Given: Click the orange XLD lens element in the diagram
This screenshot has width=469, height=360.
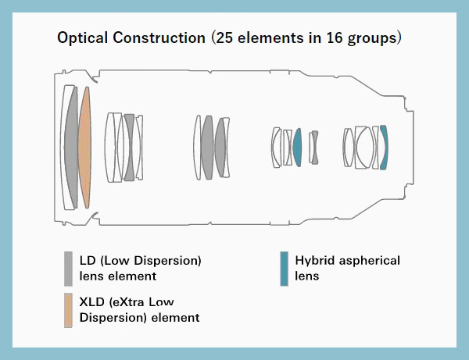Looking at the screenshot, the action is (x=84, y=148).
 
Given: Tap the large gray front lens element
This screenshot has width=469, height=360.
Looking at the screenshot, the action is (x=71, y=148).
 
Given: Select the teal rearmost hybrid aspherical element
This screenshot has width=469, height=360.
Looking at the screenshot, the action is (x=384, y=148).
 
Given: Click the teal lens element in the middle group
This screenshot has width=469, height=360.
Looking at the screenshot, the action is (x=297, y=148).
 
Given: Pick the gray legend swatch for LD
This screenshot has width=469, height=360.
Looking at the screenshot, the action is (x=68, y=269).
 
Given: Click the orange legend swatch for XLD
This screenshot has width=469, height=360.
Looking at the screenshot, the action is (x=68, y=310).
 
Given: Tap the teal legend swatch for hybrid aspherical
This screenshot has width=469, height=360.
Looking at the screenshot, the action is (x=285, y=269).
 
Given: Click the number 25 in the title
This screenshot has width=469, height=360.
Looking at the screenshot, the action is (x=224, y=38).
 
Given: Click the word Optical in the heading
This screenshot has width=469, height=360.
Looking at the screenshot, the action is (x=83, y=38).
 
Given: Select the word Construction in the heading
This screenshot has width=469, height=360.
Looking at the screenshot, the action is (x=159, y=38).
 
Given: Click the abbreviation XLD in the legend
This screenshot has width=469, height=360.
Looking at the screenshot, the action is (x=91, y=302).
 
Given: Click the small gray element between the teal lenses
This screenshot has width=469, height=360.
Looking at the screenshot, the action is (x=315, y=148).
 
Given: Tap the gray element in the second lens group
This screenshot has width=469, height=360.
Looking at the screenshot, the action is (x=129, y=148).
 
